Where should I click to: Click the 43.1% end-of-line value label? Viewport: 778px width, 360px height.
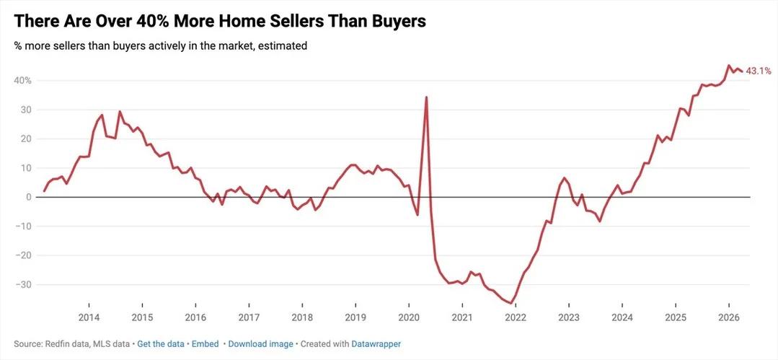click(759, 71)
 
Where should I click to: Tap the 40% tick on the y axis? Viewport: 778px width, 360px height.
click(22, 81)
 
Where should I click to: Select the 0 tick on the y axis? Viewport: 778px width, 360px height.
click(28, 197)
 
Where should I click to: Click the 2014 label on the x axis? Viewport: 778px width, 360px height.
click(89, 317)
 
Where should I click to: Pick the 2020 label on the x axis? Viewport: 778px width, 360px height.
click(409, 317)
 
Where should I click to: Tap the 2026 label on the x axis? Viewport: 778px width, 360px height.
click(729, 317)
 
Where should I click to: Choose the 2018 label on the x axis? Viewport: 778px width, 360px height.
click(302, 317)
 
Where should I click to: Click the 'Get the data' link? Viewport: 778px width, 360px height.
click(160, 344)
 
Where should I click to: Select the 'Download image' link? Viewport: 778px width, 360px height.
click(260, 344)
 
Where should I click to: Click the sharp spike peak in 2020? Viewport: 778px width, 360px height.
click(427, 97)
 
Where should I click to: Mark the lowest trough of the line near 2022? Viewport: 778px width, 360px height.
click(511, 304)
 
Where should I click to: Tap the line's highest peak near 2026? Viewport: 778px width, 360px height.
click(728, 66)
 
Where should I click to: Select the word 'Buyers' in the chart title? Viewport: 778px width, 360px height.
click(395, 22)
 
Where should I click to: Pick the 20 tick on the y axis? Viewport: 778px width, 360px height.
click(25, 139)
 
